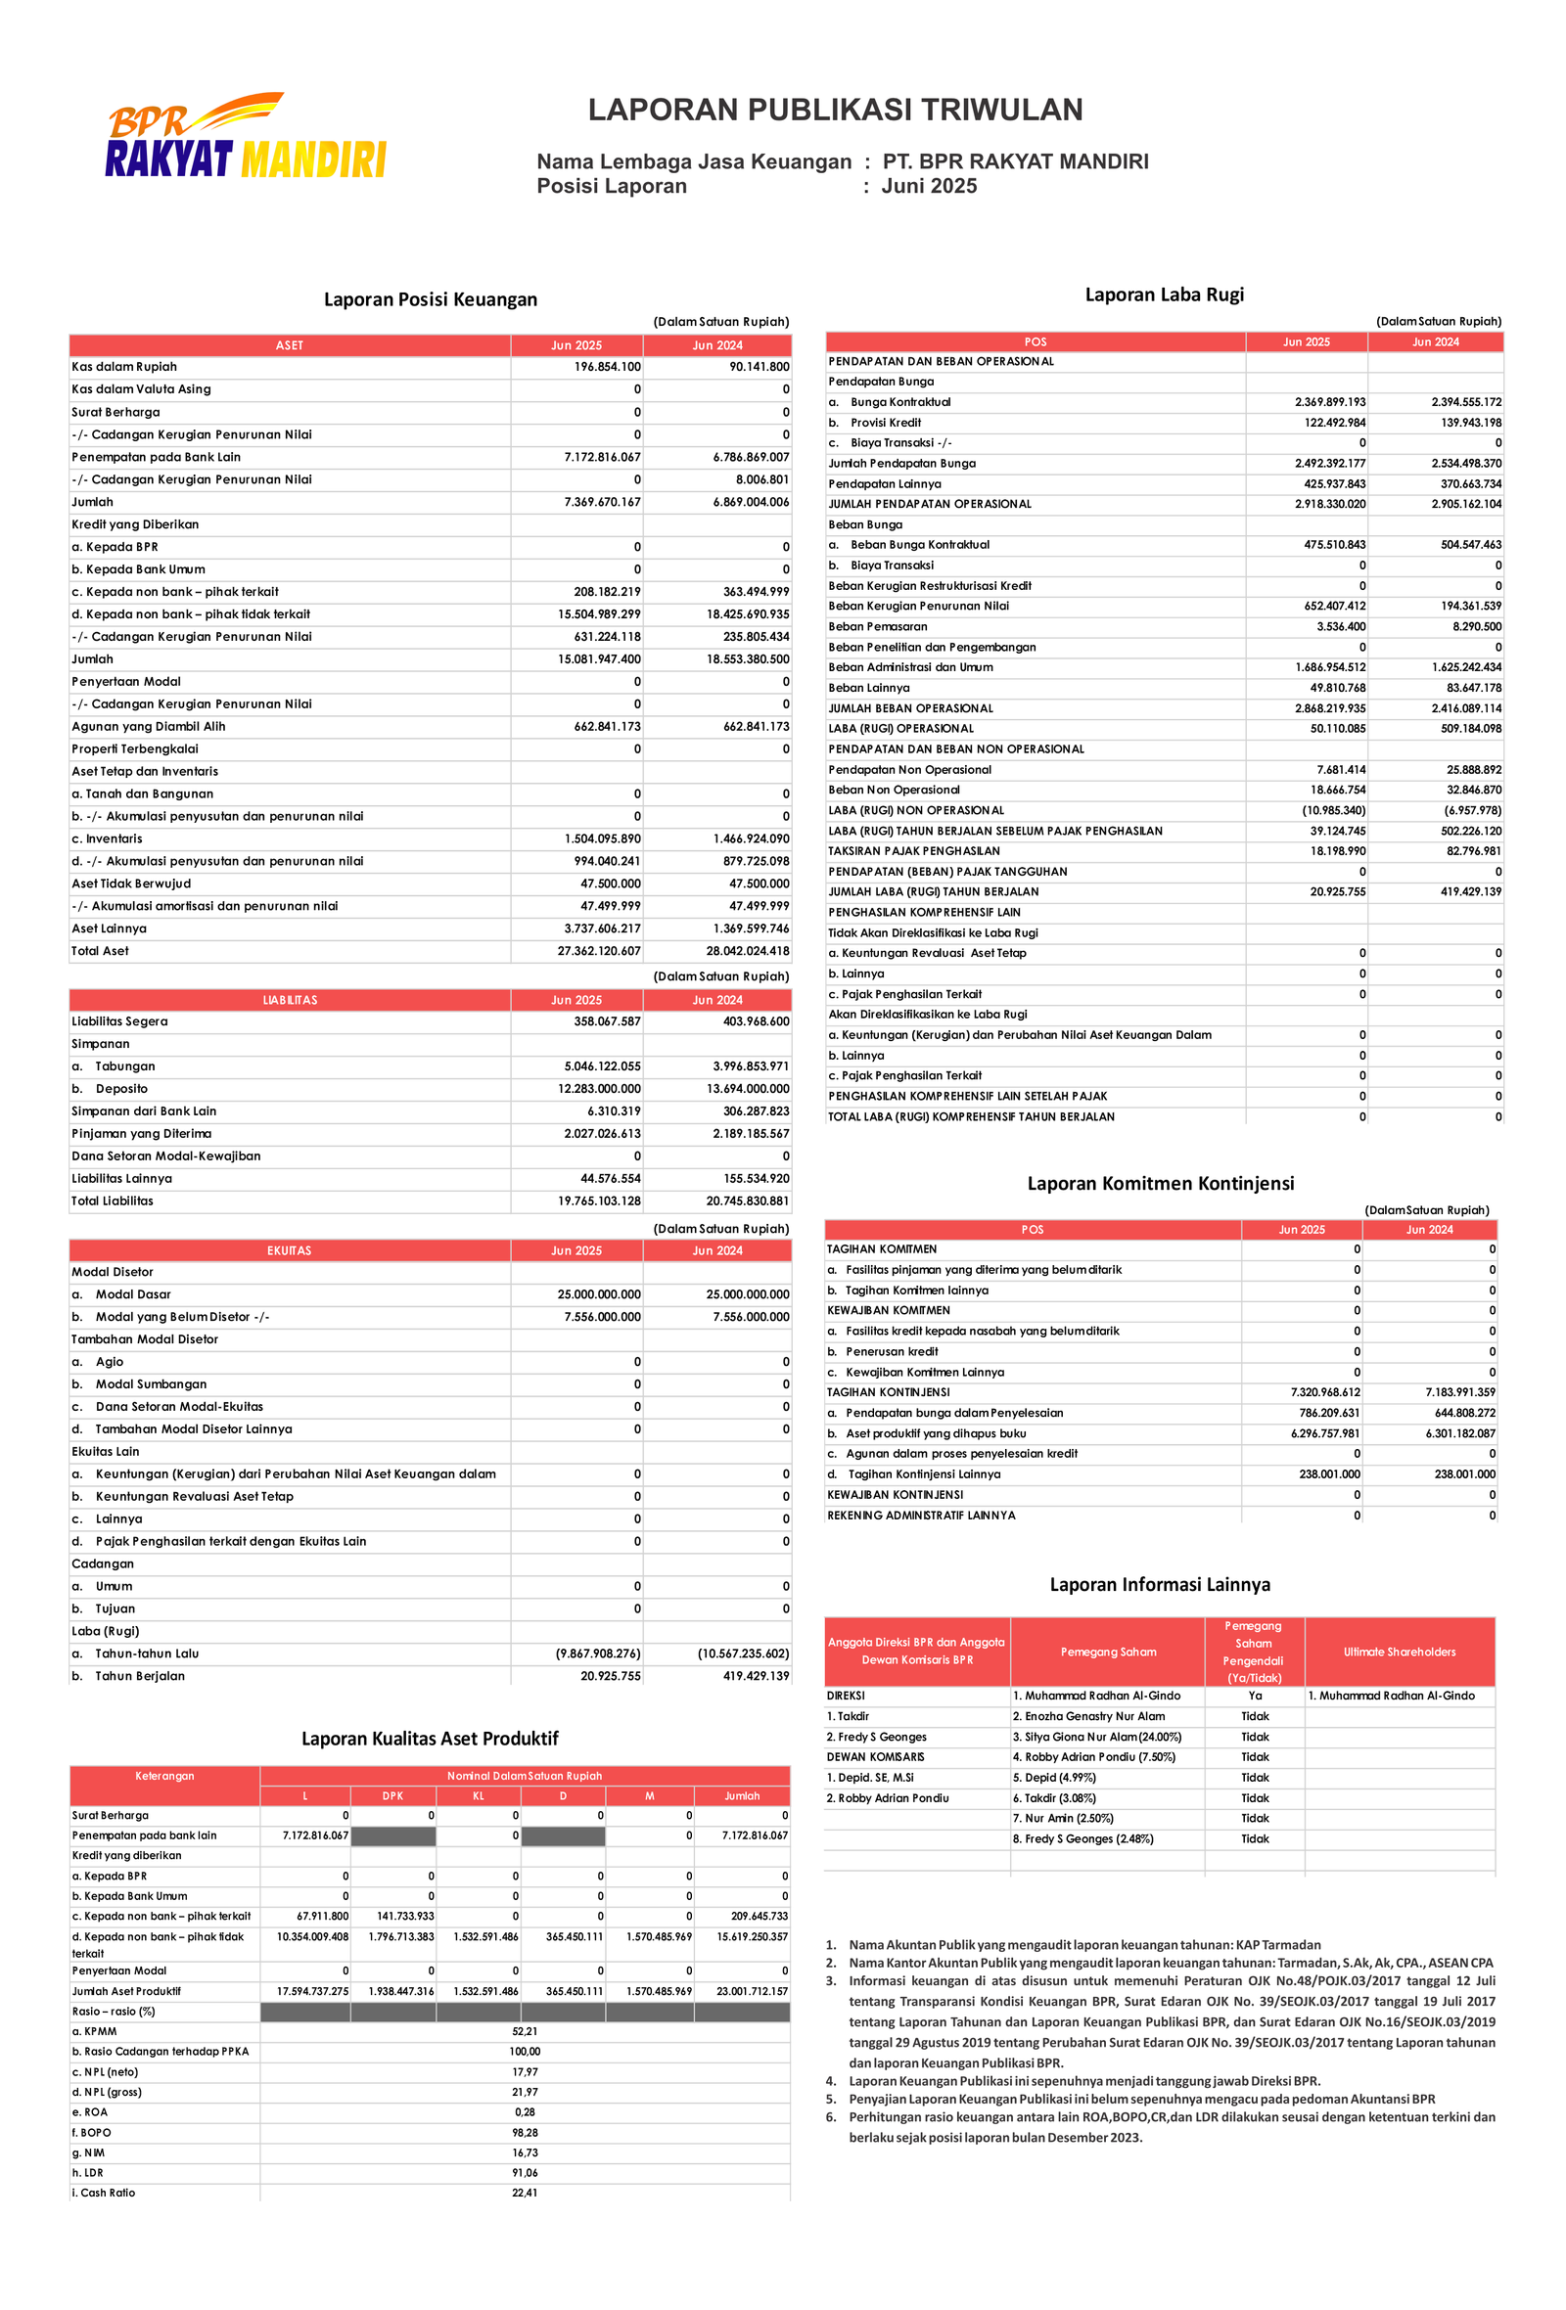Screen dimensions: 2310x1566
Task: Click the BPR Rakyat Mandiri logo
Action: pyautogui.click(x=245, y=137)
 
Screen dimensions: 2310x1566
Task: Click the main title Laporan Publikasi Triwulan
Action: pyautogui.click(x=834, y=110)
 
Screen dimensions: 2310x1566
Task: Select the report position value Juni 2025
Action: pyautogui.click(x=929, y=186)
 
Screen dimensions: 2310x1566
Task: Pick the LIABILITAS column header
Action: pyautogui.click(x=290, y=1000)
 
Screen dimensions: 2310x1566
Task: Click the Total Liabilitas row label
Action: pyautogui.click(x=113, y=1200)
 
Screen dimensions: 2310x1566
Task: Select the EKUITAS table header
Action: pyautogui.click(x=290, y=1250)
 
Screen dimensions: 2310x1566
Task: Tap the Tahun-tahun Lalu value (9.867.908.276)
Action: pyautogui.click(x=598, y=1653)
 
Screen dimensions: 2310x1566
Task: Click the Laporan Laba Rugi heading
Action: pyautogui.click(x=1164, y=294)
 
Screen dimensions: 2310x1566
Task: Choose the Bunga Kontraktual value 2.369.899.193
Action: pyautogui.click(x=1329, y=402)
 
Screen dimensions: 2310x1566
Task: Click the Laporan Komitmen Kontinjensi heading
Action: pyautogui.click(x=1160, y=1183)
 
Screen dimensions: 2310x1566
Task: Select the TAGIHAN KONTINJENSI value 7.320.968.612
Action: pyautogui.click(x=1324, y=1392)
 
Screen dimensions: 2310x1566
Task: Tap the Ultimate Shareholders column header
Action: pyautogui.click(x=1399, y=1652)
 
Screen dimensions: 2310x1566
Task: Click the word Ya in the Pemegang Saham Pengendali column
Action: pyautogui.click(x=1255, y=1696)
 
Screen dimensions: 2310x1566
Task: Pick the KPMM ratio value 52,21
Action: pyautogui.click(x=524, y=2032)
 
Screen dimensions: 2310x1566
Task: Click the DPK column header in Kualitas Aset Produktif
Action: pyautogui.click(x=392, y=1796)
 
